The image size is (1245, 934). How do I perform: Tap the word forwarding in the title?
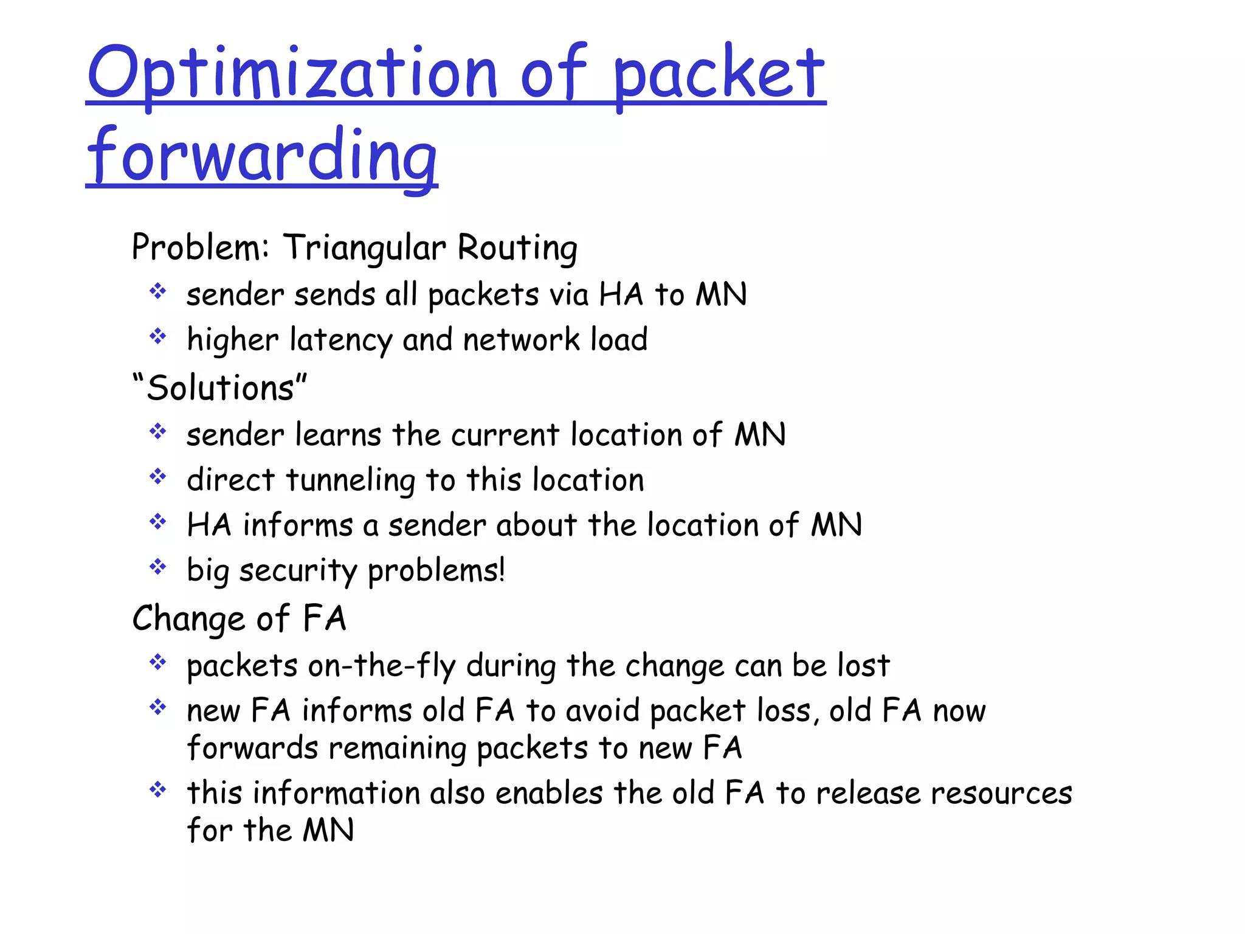tap(262, 157)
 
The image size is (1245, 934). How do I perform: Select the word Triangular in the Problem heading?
tap(365, 248)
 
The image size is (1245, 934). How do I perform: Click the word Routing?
tap(517, 248)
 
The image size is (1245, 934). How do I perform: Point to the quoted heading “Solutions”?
tap(219, 388)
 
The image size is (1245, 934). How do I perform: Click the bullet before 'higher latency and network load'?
tap(158, 336)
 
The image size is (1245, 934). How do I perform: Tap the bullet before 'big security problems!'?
tap(158, 567)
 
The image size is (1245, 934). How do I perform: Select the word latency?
tap(340, 340)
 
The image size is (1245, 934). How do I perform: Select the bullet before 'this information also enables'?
tap(158, 790)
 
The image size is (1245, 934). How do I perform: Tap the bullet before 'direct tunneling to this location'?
tap(158, 477)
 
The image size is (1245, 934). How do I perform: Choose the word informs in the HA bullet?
tap(297, 525)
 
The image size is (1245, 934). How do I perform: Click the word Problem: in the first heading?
tap(200, 248)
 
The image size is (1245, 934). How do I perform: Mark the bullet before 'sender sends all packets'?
tap(158, 291)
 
